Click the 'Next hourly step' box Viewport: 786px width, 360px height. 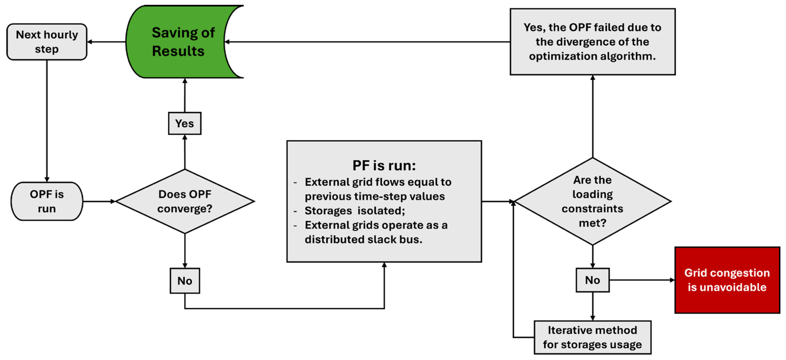pyautogui.click(x=47, y=42)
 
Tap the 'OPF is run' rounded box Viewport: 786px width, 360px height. pyautogui.click(x=47, y=201)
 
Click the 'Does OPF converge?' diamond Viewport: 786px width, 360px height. pyautogui.click(x=185, y=201)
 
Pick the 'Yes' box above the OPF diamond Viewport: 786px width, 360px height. pyautogui.click(x=185, y=123)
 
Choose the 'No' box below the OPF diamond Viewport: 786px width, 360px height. pyautogui.click(x=185, y=281)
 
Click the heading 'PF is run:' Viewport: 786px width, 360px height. pyautogui.click(x=384, y=166)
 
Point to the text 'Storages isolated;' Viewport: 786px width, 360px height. pyautogui.click(x=354, y=211)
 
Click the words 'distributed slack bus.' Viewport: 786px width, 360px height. pyautogui.click(x=363, y=239)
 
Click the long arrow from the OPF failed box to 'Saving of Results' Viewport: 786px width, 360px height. pyautogui.click(x=366, y=42)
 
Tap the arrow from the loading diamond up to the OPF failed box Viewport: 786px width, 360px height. pyautogui.click(x=593, y=116)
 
